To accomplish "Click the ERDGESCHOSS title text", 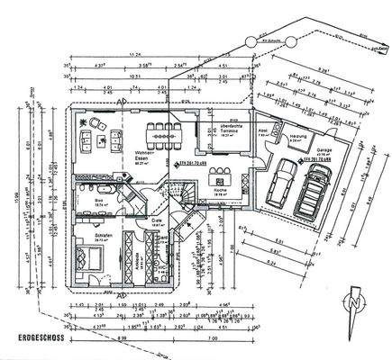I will pos(37,339).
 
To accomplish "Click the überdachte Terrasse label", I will pos(229,128).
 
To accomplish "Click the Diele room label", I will pos(156,221).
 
